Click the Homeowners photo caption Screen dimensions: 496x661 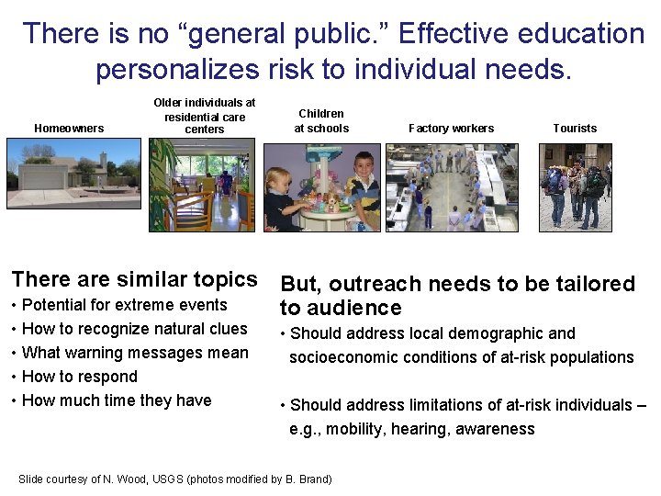[69, 129]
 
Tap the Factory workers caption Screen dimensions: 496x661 [451, 129]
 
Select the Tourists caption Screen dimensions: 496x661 [575, 129]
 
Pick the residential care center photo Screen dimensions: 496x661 [202, 187]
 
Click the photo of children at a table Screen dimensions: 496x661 [321, 187]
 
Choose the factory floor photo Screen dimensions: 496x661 [452, 187]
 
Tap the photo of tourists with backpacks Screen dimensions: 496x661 [575, 187]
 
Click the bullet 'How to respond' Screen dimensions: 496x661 [79, 377]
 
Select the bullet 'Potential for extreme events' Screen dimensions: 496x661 [124, 305]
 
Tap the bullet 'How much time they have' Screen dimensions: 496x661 [117, 400]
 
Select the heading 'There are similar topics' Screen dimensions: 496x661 [134, 279]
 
